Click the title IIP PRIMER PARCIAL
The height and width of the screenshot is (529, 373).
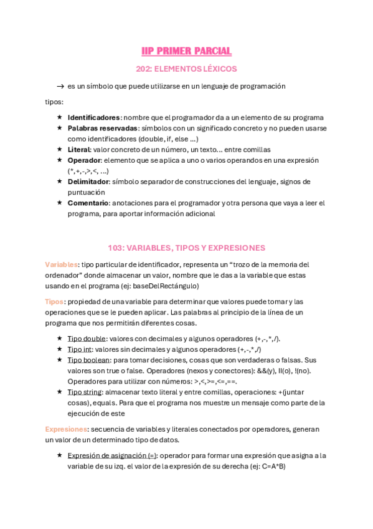(x=186, y=51)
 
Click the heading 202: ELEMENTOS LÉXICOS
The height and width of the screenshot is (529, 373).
(x=186, y=69)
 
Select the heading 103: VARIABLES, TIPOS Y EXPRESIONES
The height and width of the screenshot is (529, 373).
(x=186, y=248)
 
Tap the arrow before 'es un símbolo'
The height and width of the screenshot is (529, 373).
(x=60, y=86)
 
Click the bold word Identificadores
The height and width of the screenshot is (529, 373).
(x=93, y=117)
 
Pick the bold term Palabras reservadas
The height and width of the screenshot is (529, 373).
(x=102, y=128)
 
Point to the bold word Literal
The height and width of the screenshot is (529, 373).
(x=79, y=150)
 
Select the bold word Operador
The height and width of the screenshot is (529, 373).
(x=84, y=160)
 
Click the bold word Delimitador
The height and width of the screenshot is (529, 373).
(x=88, y=182)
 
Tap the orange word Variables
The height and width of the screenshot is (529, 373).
(x=62, y=264)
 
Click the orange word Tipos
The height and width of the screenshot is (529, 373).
(x=54, y=301)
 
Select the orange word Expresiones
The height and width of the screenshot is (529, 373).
(x=66, y=429)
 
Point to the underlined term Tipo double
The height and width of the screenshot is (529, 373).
(x=85, y=339)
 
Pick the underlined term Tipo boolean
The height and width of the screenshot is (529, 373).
(x=88, y=360)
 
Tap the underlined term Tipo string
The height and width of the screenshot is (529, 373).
(x=85, y=392)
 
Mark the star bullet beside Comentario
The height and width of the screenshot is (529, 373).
(x=59, y=203)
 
